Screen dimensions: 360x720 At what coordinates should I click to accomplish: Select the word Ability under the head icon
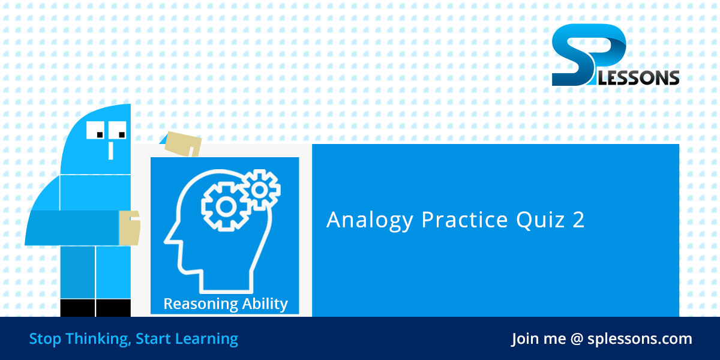point(265,304)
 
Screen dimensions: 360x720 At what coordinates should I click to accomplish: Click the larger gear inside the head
point(225,206)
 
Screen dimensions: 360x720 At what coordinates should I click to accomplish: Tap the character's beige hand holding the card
point(130,228)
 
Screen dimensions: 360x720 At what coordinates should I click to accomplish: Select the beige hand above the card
point(183,143)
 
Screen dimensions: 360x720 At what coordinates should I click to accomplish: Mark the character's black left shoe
point(77,307)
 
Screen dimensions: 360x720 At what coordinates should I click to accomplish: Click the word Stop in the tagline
point(45,338)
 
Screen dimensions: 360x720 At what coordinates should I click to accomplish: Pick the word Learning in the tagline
point(206,339)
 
